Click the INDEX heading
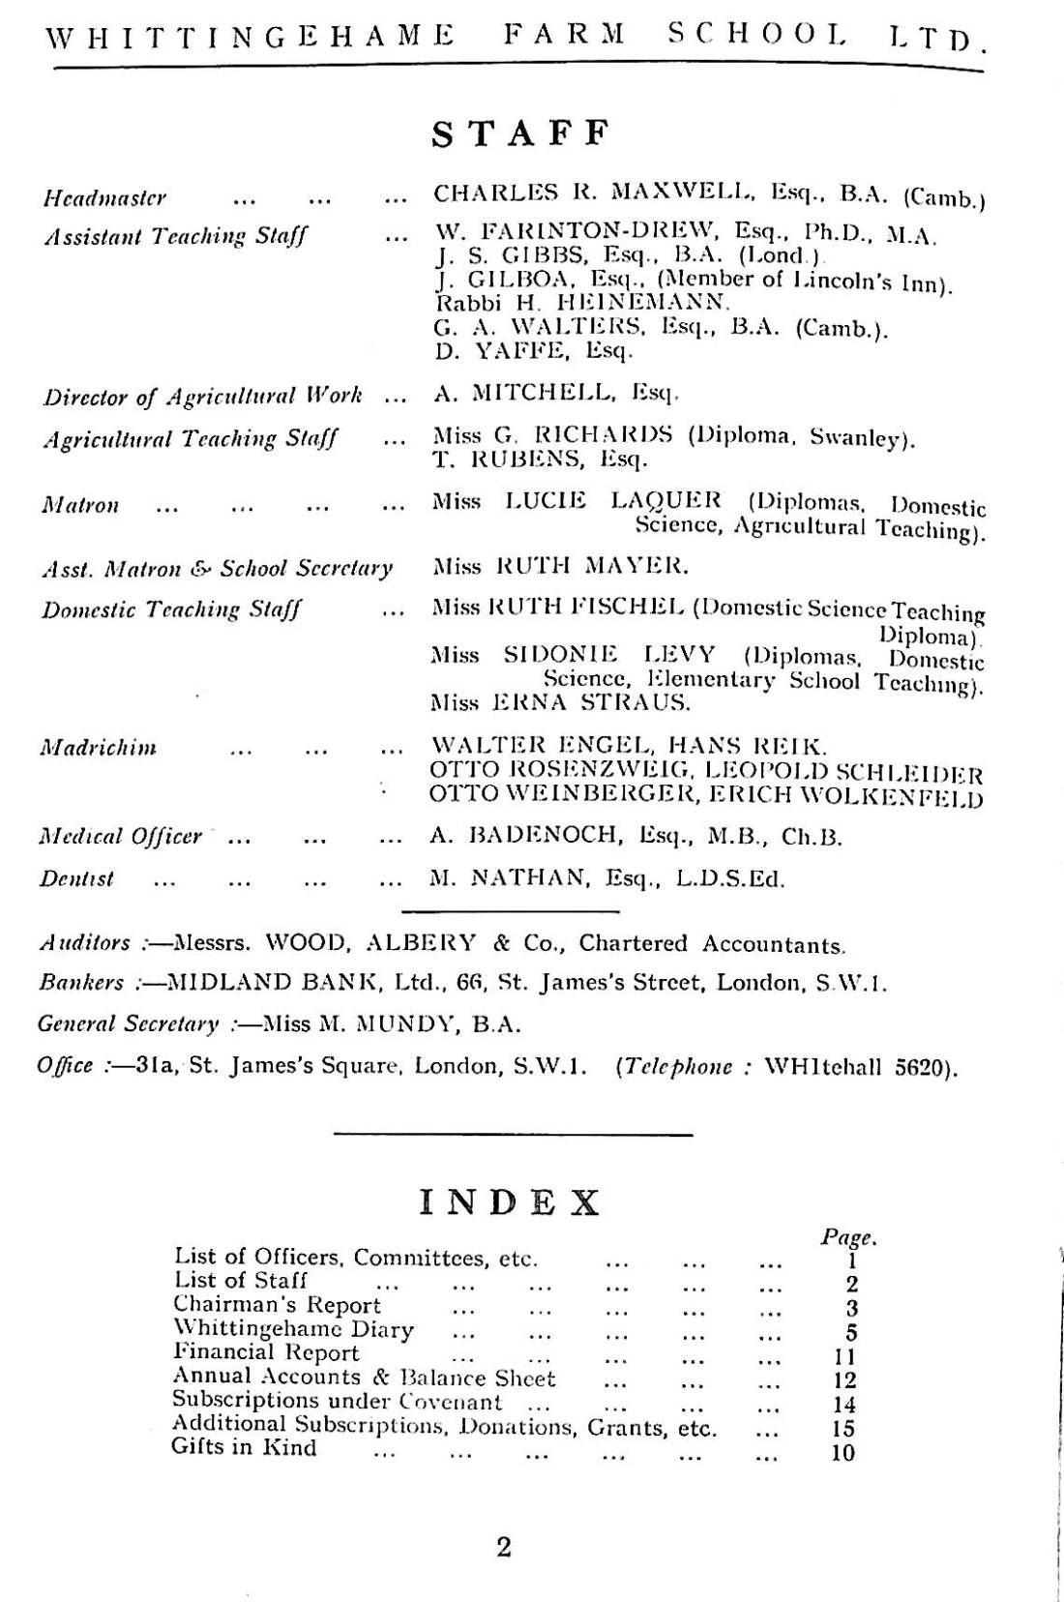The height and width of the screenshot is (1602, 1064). click(x=510, y=1202)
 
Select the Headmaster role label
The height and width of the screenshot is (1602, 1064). click(x=104, y=198)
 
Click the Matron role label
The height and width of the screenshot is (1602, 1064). click(x=80, y=505)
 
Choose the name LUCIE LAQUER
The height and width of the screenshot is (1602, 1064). click(x=613, y=500)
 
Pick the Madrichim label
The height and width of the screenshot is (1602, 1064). click(x=98, y=748)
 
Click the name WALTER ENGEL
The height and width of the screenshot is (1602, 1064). click(x=541, y=746)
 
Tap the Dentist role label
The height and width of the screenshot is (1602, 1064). click(x=76, y=879)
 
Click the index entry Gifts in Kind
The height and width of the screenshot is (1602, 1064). click(x=244, y=1448)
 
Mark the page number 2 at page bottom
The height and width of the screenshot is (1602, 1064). click(x=504, y=1547)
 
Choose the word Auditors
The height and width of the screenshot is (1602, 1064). click(x=84, y=943)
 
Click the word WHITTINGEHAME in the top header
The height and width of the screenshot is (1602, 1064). click(x=250, y=37)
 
